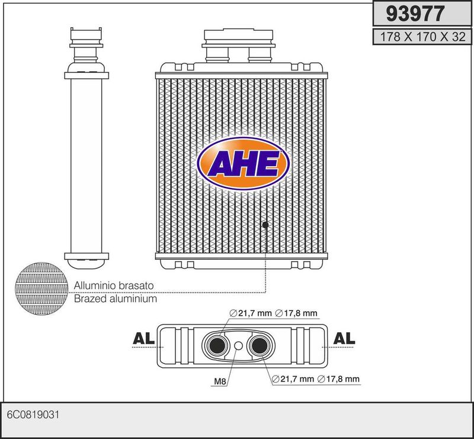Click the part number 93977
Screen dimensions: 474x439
[415, 14]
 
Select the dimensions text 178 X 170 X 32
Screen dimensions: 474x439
[422, 37]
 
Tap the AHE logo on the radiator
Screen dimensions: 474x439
[244, 164]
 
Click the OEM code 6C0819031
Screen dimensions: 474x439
[33, 415]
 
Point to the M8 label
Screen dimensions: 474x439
[220, 381]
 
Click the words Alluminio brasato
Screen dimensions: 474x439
[114, 285]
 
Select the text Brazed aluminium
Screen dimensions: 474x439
[116, 299]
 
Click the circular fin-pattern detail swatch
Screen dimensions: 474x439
[41, 288]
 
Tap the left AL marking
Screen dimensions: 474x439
[143, 338]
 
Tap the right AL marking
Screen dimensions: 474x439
[344, 338]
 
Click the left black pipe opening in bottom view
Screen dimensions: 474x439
[217, 345]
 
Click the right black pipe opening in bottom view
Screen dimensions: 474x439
[260, 345]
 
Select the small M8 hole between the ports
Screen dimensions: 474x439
[239, 346]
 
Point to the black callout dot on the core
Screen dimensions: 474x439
[265, 225]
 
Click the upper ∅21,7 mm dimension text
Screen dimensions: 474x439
[251, 313]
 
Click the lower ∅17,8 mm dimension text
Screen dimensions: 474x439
[338, 378]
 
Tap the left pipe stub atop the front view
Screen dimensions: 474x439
[217, 55]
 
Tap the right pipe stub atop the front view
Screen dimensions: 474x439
[260, 55]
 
